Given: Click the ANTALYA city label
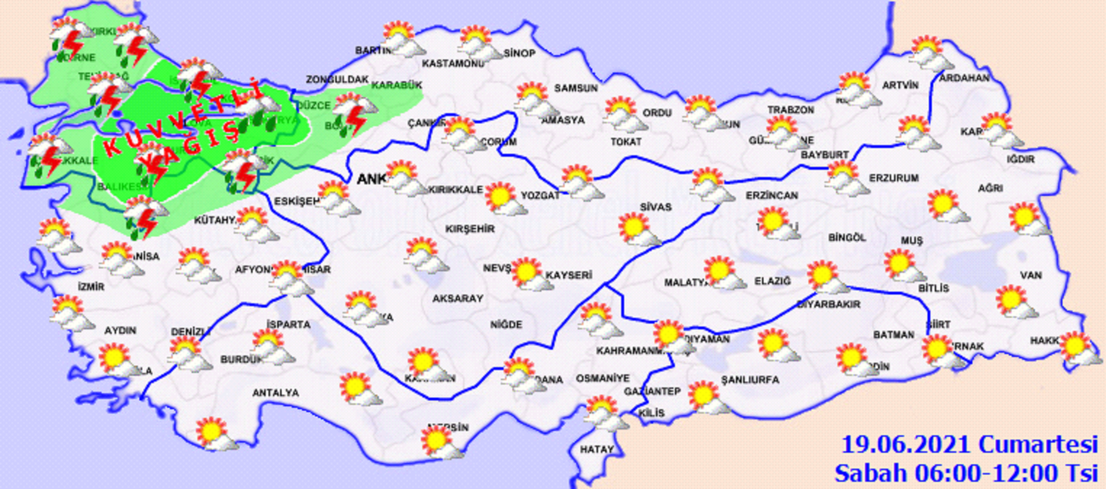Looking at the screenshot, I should [x=275, y=393].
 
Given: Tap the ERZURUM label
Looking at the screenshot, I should [x=894, y=178].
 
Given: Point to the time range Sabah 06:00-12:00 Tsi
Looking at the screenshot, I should [x=966, y=473].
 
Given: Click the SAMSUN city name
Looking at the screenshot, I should [x=576, y=88].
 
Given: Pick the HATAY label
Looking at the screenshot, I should [x=597, y=449].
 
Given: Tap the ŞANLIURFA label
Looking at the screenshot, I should [x=750, y=380].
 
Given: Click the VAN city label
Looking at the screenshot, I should [x=1031, y=275].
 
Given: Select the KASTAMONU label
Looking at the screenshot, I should [x=453, y=63].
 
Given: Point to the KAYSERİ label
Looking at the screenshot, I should [x=569, y=275].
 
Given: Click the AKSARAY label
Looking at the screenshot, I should [x=458, y=298].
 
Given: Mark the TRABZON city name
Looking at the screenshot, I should [x=791, y=110].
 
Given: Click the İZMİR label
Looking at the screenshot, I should [x=91, y=287].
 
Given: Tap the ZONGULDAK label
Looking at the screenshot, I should [x=337, y=79].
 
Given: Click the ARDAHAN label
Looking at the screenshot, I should [x=964, y=78].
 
